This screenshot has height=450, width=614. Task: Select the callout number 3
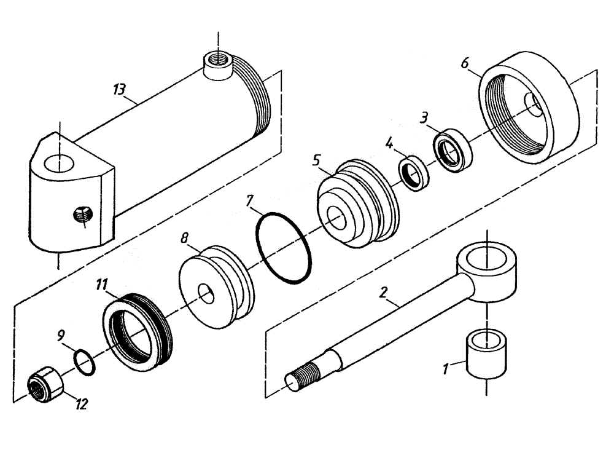point(424,117)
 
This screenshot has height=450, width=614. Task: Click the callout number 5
point(316,161)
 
